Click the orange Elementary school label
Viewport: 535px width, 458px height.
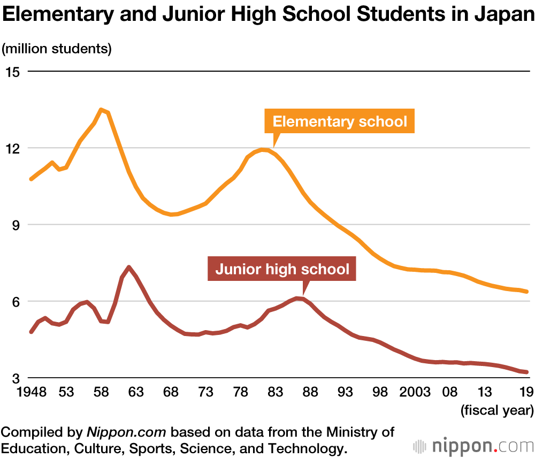[x=340, y=121]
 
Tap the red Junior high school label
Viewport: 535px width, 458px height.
[x=282, y=269]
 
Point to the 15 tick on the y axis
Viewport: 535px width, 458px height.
[x=12, y=72]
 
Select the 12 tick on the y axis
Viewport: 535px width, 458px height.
[x=12, y=148]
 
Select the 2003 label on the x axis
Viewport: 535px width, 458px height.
[x=415, y=393]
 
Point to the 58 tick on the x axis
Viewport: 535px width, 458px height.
[x=101, y=393]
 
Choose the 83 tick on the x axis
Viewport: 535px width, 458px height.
[x=275, y=393]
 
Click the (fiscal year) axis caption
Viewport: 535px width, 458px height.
[x=497, y=411]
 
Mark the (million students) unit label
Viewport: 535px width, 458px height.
[x=57, y=49]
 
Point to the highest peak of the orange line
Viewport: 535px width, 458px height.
[x=101, y=110]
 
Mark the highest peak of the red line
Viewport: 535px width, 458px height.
[x=129, y=267]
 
